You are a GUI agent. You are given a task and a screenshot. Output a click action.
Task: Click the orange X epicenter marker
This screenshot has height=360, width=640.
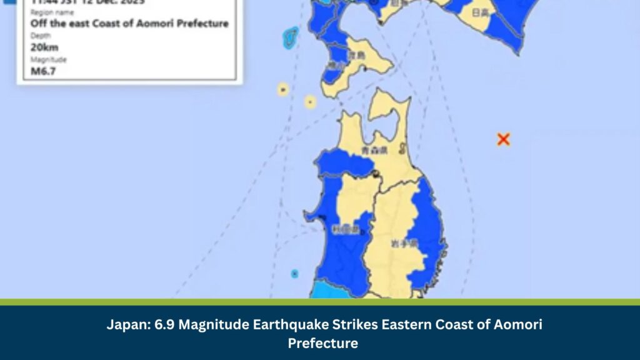tap(503, 139)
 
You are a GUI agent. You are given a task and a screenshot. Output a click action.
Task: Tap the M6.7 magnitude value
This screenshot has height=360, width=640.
tap(43, 71)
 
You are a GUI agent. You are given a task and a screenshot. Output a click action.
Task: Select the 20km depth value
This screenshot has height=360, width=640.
tap(44, 47)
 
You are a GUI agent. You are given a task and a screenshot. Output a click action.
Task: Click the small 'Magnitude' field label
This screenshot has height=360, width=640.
tap(48, 59)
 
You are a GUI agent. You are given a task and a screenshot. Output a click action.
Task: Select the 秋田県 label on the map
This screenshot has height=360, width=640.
tap(346, 230)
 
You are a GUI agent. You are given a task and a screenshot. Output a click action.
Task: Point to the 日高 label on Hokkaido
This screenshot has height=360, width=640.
tap(481, 12)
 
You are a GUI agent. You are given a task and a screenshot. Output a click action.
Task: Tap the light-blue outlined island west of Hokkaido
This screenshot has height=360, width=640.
tap(290, 37)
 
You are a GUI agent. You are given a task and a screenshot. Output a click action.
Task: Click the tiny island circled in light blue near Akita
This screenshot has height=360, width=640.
tap(294, 273)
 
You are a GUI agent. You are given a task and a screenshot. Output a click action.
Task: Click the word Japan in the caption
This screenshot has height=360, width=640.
tap(125, 325)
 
